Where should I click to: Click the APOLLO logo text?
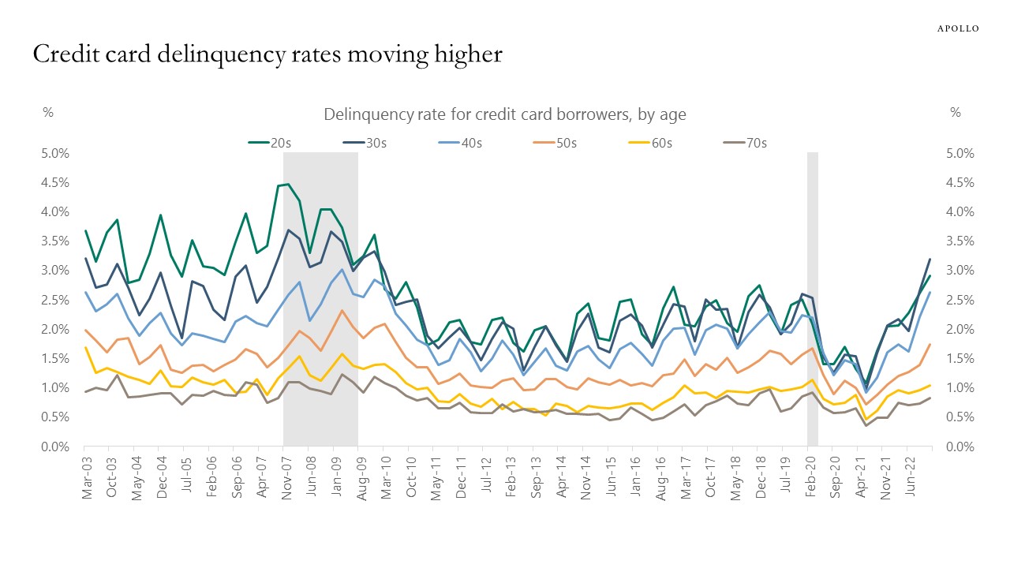957,28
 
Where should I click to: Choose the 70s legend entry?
744,143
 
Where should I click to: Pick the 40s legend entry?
460,143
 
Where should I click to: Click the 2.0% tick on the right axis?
959,329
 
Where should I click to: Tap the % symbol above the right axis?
956,113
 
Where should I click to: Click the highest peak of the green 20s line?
288,184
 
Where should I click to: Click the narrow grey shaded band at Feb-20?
812,300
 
